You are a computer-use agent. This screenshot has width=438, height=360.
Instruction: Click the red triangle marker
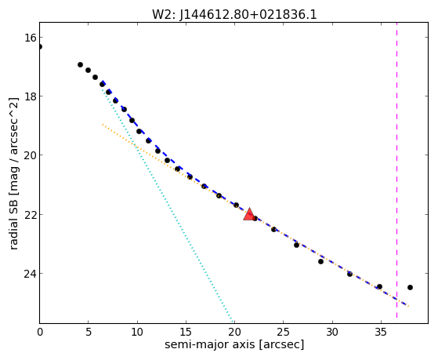click(x=248, y=215)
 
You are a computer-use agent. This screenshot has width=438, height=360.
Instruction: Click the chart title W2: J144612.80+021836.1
click(x=234, y=15)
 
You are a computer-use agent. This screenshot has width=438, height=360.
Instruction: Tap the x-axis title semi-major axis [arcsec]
click(x=234, y=344)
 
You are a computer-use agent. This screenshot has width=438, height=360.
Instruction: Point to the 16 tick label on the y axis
click(x=30, y=38)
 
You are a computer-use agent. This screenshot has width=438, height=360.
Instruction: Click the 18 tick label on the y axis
click(x=30, y=96)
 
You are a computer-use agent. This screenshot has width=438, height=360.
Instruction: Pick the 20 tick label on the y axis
click(x=30, y=155)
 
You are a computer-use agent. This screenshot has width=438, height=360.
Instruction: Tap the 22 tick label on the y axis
click(x=30, y=215)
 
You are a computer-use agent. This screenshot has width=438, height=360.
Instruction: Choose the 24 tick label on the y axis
click(x=30, y=274)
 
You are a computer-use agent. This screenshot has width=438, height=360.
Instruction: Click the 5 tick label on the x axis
click(x=89, y=332)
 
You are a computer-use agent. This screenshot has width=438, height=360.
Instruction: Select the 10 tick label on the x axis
click(x=137, y=332)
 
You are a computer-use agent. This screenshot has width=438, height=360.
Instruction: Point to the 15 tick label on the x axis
click(x=186, y=332)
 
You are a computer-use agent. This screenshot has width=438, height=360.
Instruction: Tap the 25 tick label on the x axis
click(x=283, y=332)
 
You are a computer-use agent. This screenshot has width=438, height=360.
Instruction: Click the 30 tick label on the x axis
click(x=332, y=332)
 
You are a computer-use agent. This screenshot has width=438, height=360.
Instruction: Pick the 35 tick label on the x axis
click(x=381, y=332)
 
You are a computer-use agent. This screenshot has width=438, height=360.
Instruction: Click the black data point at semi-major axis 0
click(x=40, y=46)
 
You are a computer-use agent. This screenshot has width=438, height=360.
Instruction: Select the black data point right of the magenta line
click(x=410, y=287)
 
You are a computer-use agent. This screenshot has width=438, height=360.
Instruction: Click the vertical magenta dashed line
click(x=396, y=173)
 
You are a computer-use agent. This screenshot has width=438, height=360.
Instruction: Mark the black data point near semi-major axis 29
click(x=320, y=261)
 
